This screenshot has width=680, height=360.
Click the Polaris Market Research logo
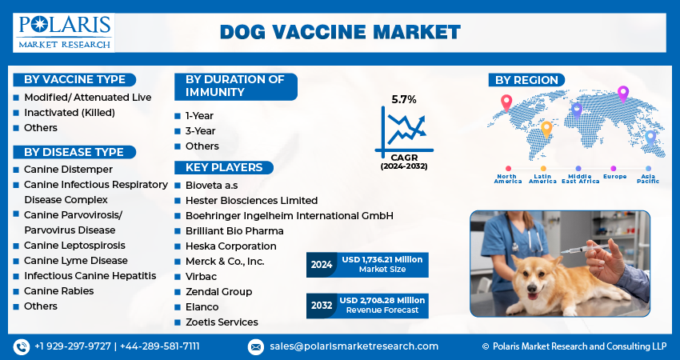pos(64,33)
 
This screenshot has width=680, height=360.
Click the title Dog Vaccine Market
pos(341,33)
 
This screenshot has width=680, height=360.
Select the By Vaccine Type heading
pos(74,80)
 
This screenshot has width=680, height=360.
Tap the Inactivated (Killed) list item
pos(70,113)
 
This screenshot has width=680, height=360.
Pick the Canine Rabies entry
pos(59,291)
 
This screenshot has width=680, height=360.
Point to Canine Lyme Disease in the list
pos(76,261)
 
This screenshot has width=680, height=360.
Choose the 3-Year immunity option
pos(200,131)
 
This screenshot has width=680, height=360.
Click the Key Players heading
pos(224,167)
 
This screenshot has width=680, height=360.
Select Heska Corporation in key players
pos(230,246)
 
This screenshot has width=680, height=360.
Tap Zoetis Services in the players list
pos(222,322)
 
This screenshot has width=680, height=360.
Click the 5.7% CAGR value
pos(404,100)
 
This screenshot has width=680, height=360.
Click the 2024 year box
pos(322,265)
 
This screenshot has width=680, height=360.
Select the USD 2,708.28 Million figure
pos(382,300)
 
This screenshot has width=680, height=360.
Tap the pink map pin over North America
pos(506,103)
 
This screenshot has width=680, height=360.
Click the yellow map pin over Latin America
pos(546,130)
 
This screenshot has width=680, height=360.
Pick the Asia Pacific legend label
pos(648,178)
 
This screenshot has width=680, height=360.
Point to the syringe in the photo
pos(584,249)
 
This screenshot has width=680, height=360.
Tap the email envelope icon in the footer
pos(256,347)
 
